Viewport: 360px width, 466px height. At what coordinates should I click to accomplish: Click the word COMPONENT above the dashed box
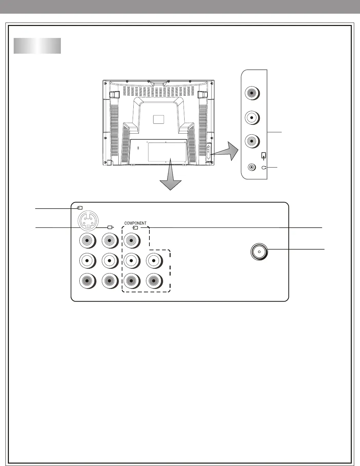(135, 223)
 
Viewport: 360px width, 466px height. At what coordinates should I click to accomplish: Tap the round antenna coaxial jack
(259, 252)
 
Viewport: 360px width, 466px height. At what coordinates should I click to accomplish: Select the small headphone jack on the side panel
(252, 168)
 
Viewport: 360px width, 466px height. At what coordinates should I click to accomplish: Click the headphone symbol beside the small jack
(264, 168)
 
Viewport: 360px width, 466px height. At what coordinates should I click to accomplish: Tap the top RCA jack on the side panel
(252, 93)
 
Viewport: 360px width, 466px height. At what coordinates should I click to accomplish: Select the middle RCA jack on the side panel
(252, 117)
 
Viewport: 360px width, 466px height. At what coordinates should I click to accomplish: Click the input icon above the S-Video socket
(80, 207)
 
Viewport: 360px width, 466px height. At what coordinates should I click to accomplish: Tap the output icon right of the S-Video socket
(110, 227)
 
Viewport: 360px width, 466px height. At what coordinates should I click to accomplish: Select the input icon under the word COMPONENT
(136, 227)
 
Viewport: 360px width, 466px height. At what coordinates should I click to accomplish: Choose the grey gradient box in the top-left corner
(37, 46)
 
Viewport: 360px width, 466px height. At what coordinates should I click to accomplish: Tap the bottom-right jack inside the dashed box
(154, 281)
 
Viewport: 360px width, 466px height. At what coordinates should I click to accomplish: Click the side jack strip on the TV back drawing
(209, 151)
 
